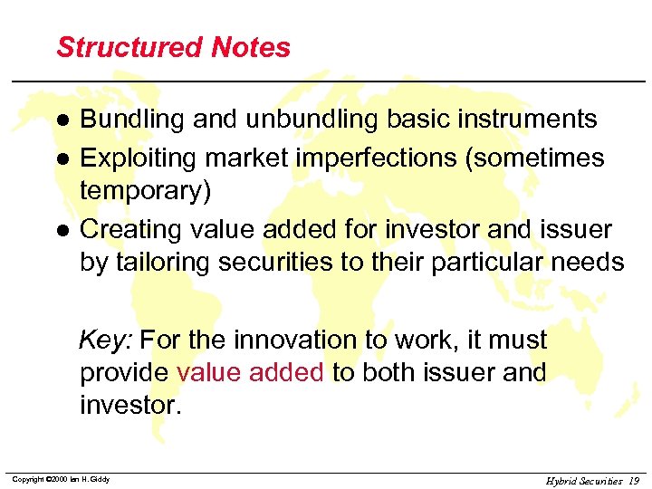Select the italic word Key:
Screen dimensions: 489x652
point(106,340)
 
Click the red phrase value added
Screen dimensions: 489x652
point(250,373)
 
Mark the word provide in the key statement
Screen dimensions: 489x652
point(124,373)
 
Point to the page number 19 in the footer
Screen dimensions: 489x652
point(633,481)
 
